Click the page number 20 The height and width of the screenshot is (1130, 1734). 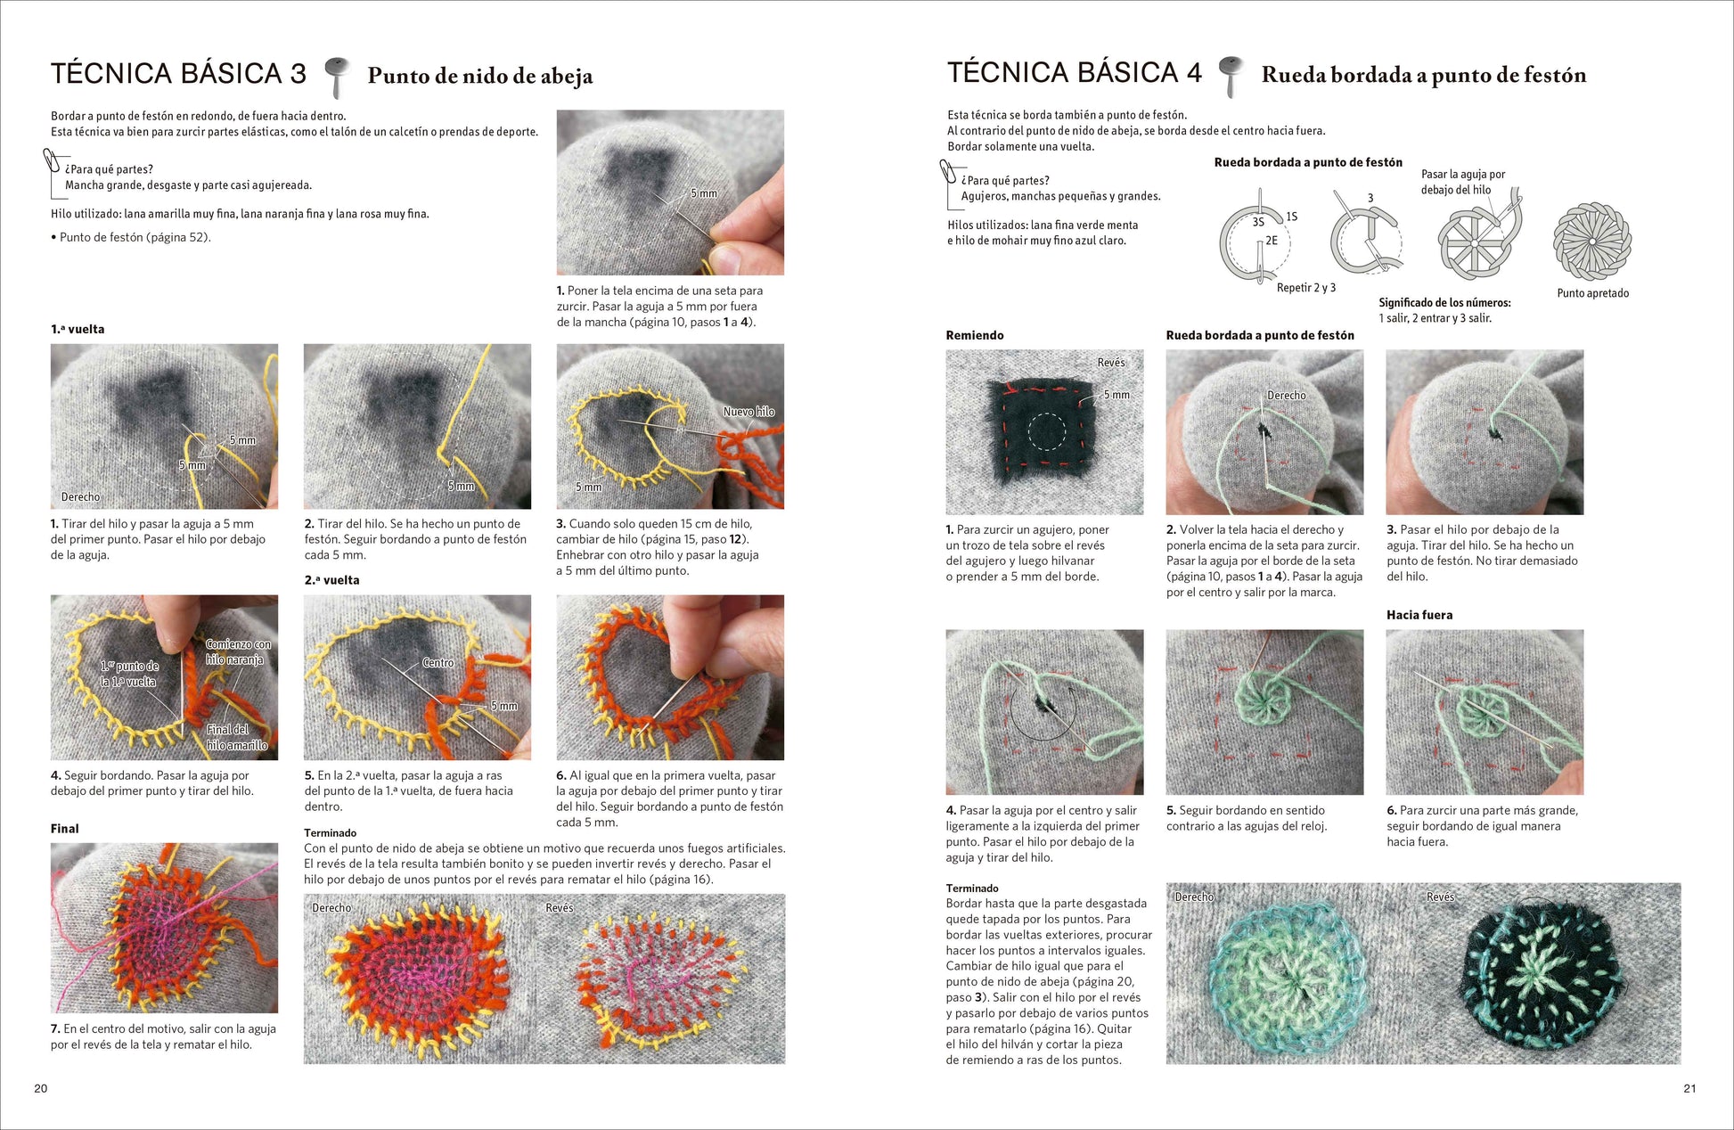coord(41,1088)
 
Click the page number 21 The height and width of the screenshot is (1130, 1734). coord(1689,1088)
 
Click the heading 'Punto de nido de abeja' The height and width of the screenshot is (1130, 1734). coord(480,76)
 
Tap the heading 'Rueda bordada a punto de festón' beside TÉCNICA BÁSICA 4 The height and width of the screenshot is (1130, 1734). coord(1424,75)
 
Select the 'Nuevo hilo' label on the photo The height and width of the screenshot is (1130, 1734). coord(748,412)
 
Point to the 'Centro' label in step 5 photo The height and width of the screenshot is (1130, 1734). coord(438,663)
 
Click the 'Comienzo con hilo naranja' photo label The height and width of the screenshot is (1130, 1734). coord(238,651)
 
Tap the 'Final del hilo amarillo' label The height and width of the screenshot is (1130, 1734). coord(236,737)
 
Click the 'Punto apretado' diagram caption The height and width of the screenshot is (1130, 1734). coord(1593,293)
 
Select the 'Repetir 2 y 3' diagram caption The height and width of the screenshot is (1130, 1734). coord(1306,288)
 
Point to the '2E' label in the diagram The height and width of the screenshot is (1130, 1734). coord(1272,241)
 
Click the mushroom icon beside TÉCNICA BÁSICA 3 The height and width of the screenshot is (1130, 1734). coord(337,77)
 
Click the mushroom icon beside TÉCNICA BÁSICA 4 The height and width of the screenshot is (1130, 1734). coord(1231,76)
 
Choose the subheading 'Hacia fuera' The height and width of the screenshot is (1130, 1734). coord(1419,615)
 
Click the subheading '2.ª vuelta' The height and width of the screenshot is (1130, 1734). coord(331,580)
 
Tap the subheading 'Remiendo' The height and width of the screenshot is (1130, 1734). coord(975,335)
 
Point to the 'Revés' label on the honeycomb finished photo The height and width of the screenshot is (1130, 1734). coord(560,908)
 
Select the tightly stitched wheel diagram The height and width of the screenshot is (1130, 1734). coord(1592,241)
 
